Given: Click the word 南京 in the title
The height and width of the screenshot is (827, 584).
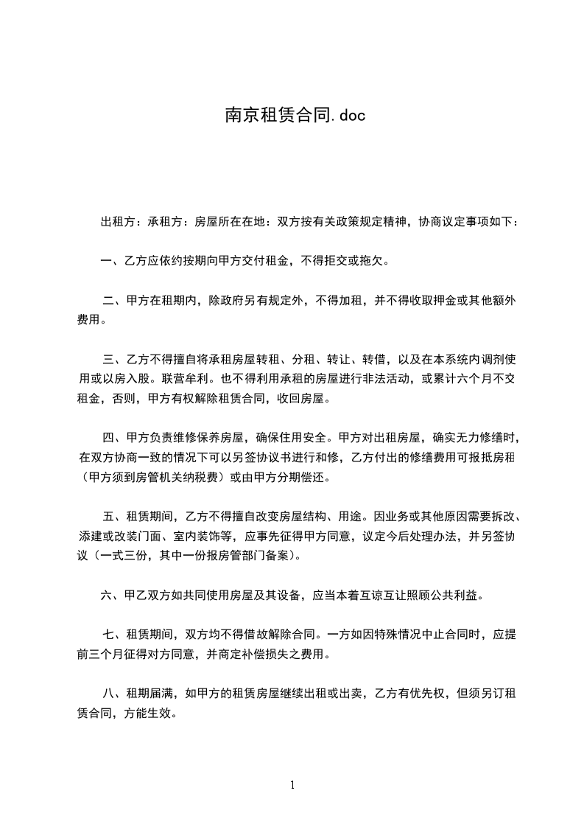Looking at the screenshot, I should click(237, 116).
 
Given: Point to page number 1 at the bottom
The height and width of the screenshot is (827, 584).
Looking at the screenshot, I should click(292, 785).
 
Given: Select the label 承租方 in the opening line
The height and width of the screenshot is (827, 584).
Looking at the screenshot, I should click(164, 221).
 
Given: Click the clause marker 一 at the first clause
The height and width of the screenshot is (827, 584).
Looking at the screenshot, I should click(106, 261).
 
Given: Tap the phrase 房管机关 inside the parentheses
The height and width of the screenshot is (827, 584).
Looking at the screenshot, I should click(157, 477).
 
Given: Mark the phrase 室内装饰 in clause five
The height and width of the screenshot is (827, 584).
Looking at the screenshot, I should click(199, 536).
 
